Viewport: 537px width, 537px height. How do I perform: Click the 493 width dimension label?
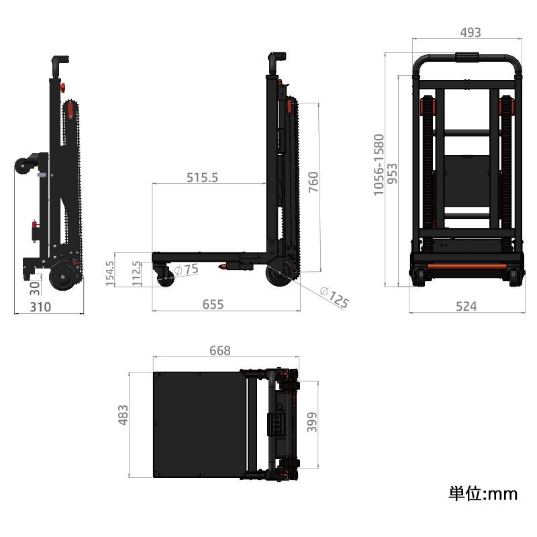(x=471, y=32)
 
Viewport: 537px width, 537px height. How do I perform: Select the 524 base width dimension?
(x=466, y=306)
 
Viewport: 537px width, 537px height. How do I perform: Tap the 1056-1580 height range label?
(x=379, y=165)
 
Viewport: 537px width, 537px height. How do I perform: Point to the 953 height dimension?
(x=392, y=174)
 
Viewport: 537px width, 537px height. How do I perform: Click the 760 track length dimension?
(x=313, y=182)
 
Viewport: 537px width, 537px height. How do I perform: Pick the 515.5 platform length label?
(x=202, y=177)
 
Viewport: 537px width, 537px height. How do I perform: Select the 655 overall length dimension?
(x=213, y=304)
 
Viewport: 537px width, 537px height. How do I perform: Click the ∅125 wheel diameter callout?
(x=334, y=297)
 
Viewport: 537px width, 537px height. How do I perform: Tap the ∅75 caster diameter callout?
(x=187, y=269)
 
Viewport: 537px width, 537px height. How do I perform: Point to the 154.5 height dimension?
(x=109, y=274)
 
